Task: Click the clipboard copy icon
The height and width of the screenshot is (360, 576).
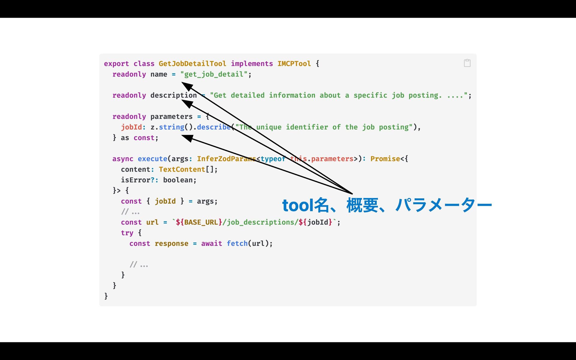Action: point(467,63)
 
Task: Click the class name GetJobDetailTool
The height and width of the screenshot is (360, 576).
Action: point(192,64)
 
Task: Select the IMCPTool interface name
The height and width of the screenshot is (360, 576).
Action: point(294,64)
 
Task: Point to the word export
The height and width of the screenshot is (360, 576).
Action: point(116,64)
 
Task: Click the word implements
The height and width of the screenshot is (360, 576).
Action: point(252,64)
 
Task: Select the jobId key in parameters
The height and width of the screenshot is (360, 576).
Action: point(131,127)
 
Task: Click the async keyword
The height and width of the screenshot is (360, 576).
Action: point(123,159)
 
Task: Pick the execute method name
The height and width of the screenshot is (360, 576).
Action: point(152,159)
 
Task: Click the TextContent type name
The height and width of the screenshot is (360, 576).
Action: point(182,169)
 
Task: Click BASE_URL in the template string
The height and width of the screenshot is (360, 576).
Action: point(201,222)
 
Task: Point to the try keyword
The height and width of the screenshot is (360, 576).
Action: point(127,233)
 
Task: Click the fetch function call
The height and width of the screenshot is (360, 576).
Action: point(237,243)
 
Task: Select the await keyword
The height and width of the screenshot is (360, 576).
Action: point(211,243)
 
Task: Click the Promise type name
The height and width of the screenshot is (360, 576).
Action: point(385,159)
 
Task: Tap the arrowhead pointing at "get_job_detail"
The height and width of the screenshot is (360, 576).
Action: point(187,86)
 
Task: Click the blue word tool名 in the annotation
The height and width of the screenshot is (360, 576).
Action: point(305,205)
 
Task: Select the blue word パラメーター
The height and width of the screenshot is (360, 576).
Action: point(443,205)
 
